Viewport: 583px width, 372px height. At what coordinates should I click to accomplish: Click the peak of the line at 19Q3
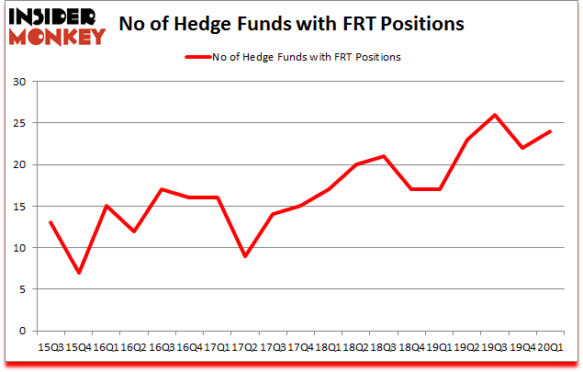(x=495, y=115)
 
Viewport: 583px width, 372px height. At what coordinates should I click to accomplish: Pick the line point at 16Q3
(x=162, y=189)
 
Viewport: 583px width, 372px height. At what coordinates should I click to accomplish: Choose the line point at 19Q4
(x=521, y=148)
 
